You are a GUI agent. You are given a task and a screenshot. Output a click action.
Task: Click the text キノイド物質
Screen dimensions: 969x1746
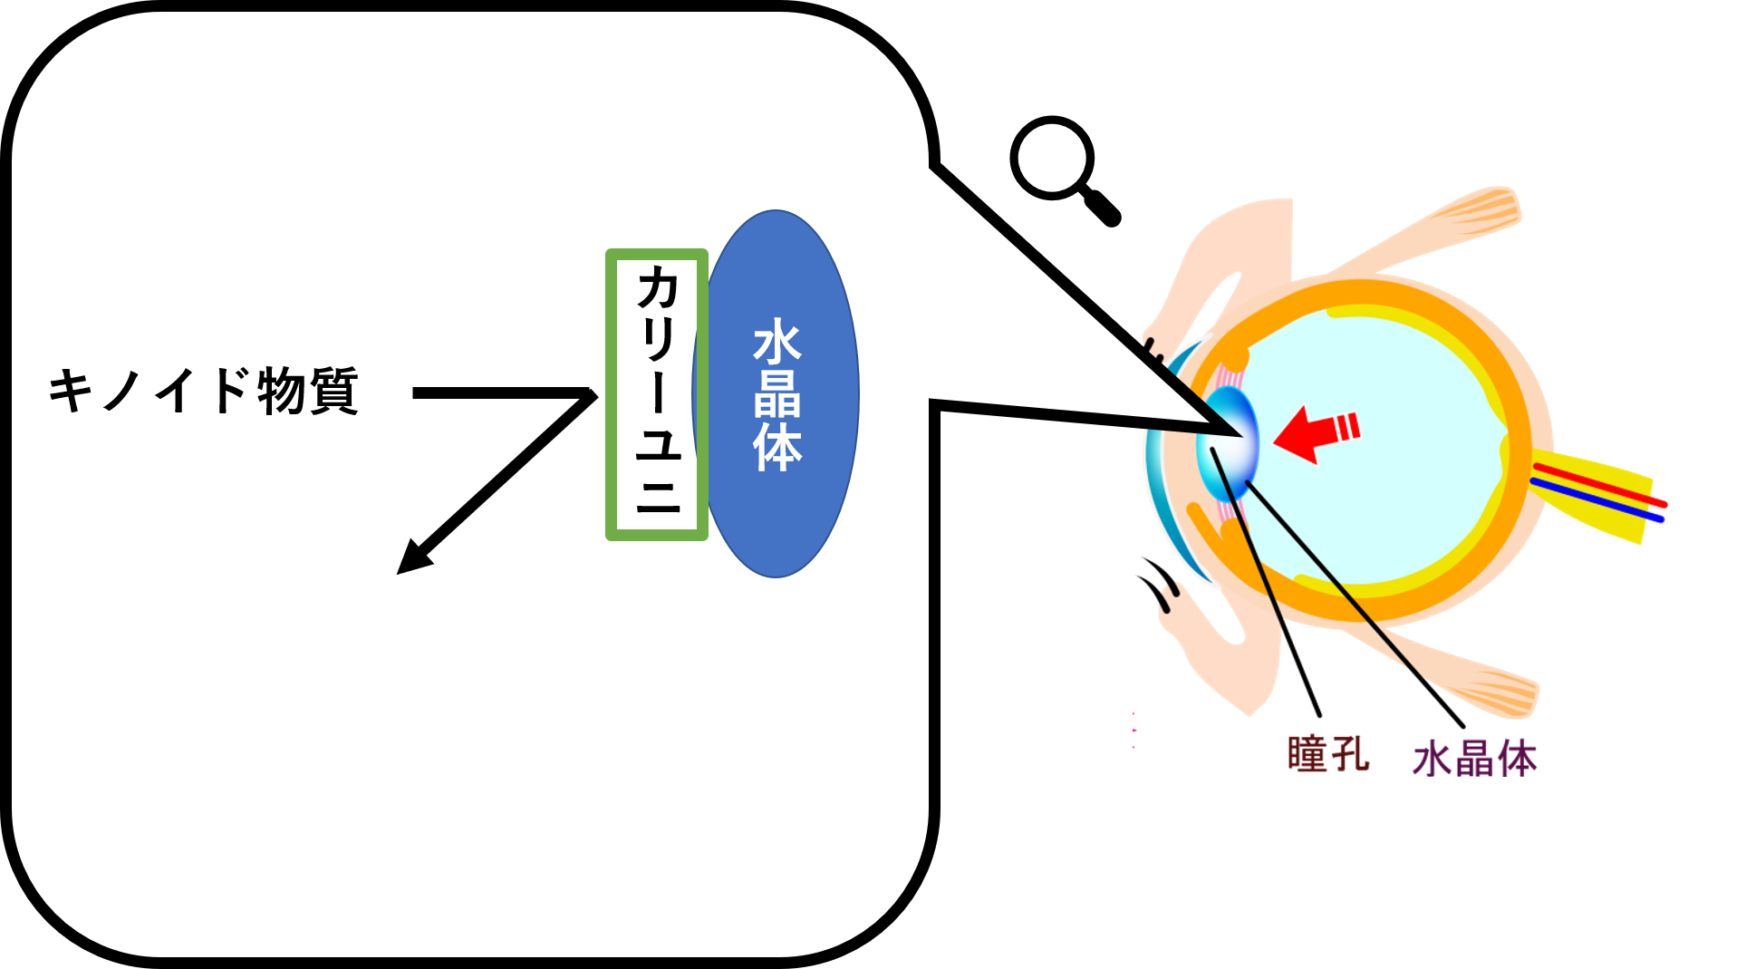click(x=203, y=391)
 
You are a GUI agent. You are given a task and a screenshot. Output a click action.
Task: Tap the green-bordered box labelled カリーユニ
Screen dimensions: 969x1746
click(x=656, y=395)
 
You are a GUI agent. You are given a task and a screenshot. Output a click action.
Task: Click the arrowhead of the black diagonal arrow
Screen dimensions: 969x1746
click(x=410, y=561)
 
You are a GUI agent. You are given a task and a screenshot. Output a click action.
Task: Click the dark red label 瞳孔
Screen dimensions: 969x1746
click(x=1326, y=754)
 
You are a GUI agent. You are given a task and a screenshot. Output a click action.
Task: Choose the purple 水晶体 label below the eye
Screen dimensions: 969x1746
click(x=1474, y=759)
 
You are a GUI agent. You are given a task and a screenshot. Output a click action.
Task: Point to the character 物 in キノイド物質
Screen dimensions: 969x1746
click(x=281, y=391)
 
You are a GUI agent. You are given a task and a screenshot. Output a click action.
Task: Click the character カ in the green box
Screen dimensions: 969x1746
click(x=658, y=289)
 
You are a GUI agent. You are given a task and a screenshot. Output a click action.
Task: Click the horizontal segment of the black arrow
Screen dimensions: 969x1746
click(x=498, y=393)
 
